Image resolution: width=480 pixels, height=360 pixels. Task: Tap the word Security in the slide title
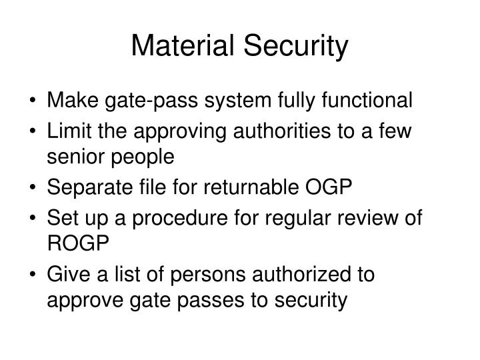(295, 47)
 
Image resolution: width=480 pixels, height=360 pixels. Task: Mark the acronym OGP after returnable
(328, 187)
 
